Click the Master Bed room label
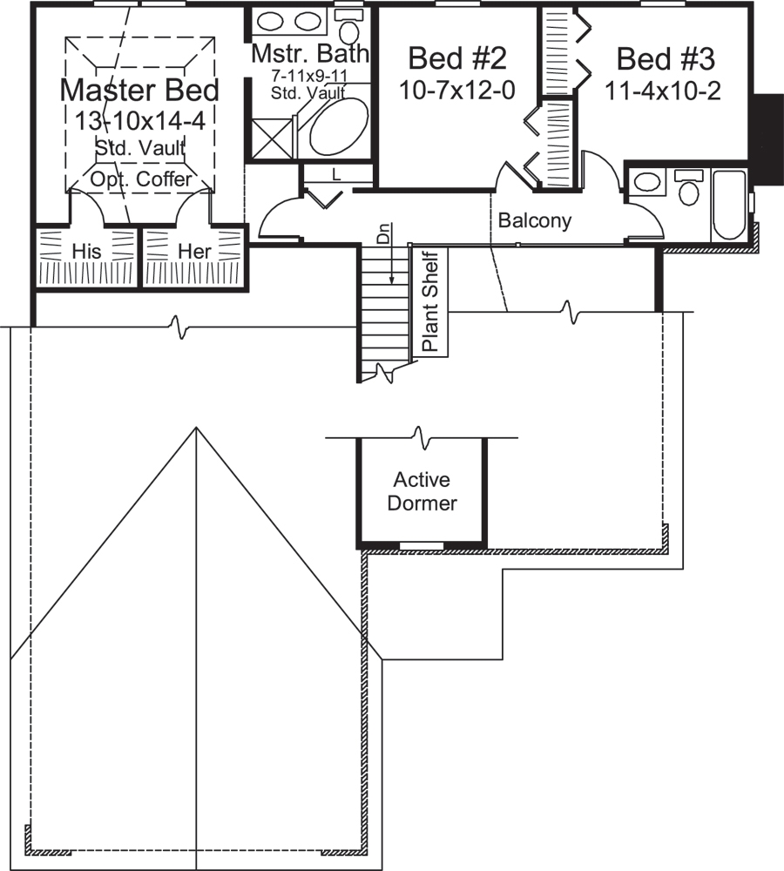[x=139, y=90]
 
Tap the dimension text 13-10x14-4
[x=139, y=120]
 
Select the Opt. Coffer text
[x=141, y=179]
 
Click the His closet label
[x=87, y=251]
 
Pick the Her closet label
[x=194, y=251]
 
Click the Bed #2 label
[x=457, y=59]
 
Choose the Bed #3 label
[x=666, y=59]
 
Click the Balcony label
[x=534, y=221]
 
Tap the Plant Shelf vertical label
[x=430, y=301]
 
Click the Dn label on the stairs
[x=381, y=233]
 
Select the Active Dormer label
[x=422, y=491]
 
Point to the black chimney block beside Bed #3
[x=767, y=138]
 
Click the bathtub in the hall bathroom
[x=729, y=206]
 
